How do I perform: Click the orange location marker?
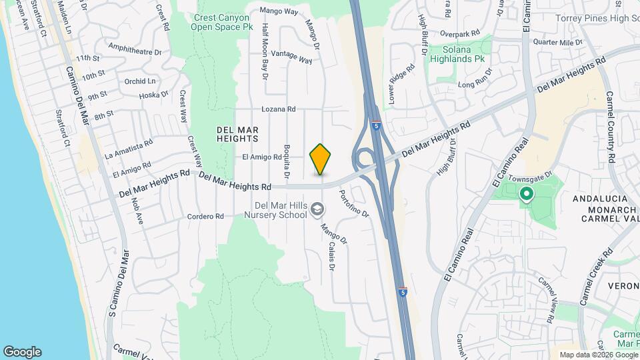click(x=321, y=159)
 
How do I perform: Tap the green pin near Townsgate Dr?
click(x=526, y=194)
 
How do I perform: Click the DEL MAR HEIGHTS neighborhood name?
click(x=237, y=133)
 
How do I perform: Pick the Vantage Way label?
click(x=292, y=57)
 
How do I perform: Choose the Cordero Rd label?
click(x=205, y=217)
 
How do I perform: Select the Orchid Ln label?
click(x=140, y=81)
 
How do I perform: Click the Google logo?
click(x=22, y=352)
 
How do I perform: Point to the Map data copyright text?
click(x=598, y=355)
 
